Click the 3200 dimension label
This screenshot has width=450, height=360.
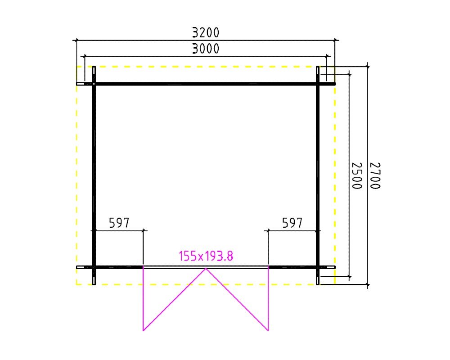(206, 32)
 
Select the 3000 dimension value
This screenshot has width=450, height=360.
(206, 49)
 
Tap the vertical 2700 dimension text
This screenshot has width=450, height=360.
(375, 175)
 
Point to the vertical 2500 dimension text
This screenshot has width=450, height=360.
(357, 175)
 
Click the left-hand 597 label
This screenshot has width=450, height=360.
(119, 223)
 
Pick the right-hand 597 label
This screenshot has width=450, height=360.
(292, 223)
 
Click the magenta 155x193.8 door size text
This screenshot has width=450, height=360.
(206, 256)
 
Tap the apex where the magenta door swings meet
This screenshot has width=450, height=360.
(206, 268)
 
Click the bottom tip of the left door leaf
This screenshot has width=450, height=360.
(143, 331)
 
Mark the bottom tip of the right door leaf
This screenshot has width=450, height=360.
(268, 331)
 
